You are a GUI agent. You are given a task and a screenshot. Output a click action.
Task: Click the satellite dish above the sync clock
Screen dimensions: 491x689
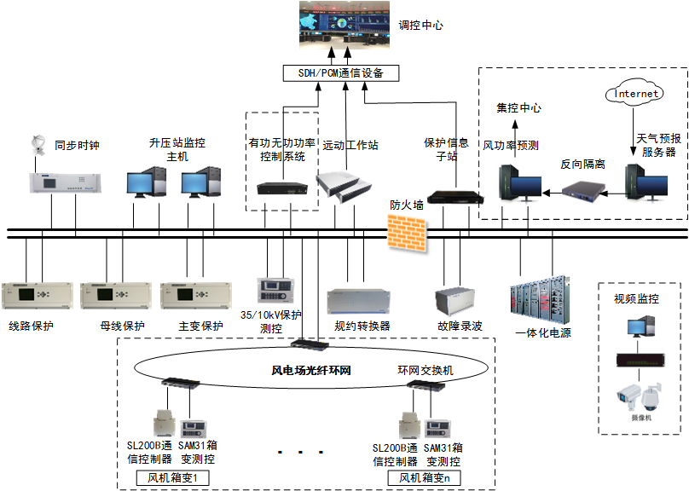[x=38, y=145]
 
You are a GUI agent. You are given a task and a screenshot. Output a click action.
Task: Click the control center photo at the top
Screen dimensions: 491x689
[x=345, y=26]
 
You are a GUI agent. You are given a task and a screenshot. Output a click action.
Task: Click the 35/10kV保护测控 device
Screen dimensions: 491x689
[x=279, y=290]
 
